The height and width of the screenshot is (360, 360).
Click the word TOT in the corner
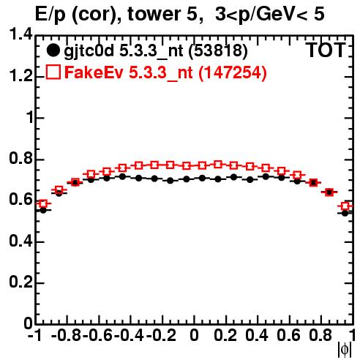click(x=326, y=50)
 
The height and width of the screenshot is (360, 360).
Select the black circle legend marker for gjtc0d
click(x=53, y=50)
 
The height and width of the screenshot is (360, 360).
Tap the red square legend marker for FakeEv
click(x=53, y=72)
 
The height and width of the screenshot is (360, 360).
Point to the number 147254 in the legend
click(x=233, y=72)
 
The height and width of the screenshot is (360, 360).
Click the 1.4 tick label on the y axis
click(x=20, y=34)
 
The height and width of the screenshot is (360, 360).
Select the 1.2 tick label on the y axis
click(x=20, y=76)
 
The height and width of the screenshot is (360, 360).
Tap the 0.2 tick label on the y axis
click(x=20, y=282)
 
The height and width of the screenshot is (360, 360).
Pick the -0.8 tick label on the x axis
click(x=66, y=335)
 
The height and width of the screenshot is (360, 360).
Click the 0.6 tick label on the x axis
click(x=288, y=335)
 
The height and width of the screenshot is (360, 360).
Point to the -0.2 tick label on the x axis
click(x=161, y=335)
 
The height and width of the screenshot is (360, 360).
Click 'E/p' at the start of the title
click(x=50, y=15)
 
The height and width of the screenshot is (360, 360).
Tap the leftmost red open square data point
click(x=43, y=203)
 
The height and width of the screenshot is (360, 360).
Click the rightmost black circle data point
click(x=345, y=213)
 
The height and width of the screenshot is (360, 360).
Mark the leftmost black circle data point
click(x=43, y=210)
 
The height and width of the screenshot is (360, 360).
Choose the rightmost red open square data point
click(x=345, y=206)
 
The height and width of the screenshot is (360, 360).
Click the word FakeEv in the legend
click(x=94, y=72)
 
